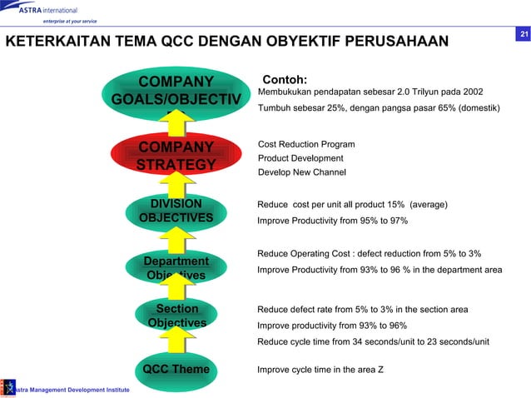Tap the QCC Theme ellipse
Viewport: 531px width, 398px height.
pyautogui.click(x=176, y=369)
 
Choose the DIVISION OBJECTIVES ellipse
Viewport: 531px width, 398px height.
pyautogui.click(x=176, y=211)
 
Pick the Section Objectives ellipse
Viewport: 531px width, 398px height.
pyautogui.click(x=176, y=316)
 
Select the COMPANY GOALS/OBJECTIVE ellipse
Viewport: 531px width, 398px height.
pyautogui.click(x=176, y=96)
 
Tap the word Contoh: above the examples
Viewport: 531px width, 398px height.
pyautogui.click(x=285, y=80)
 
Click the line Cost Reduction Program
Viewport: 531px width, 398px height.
pyautogui.click(x=306, y=144)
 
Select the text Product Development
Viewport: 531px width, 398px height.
pyautogui.click(x=300, y=158)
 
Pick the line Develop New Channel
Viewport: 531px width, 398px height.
pyautogui.click(x=301, y=172)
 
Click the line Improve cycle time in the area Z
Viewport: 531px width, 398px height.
pyautogui.click(x=320, y=369)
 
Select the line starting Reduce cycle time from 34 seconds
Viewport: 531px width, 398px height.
pyautogui.click(x=373, y=341)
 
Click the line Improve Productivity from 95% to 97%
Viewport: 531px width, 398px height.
pyautogui.click(x=332, y=221)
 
